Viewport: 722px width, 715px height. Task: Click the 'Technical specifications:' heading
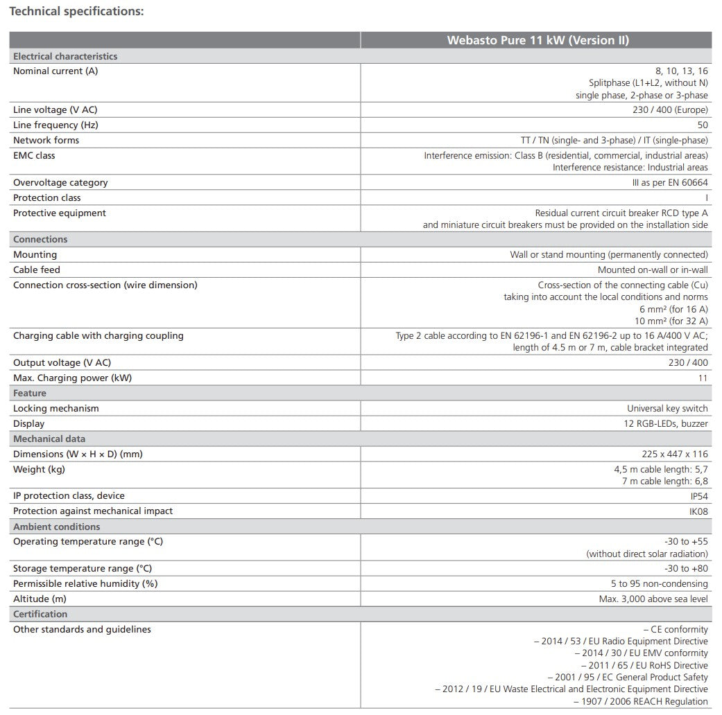pos(76,12)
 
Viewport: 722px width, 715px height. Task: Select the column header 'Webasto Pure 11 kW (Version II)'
pos(538,40)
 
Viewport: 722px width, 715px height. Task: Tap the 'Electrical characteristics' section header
pos(65,56)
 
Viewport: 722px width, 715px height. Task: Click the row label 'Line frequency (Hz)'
pos(55,125)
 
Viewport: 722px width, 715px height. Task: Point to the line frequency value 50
pos(703,125)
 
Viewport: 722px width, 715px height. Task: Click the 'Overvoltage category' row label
pos(60,182)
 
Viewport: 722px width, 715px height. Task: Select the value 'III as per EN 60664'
pos(666,182)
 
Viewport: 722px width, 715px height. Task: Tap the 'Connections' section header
pos(40,239)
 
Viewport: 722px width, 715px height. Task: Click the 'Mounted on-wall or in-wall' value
pos(653,270)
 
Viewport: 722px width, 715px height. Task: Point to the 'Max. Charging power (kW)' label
pos(72,378)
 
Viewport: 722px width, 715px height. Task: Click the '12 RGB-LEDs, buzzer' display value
pos(666,423)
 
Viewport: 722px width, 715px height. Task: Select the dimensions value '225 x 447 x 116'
pos(675,454)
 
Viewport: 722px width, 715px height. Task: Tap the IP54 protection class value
pos(699,495)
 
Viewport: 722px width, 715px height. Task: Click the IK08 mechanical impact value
pos(698,511)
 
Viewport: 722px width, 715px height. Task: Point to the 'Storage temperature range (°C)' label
pos(83,568)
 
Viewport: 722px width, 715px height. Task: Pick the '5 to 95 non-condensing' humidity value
pos(660,583)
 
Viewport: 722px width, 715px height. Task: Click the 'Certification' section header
pos(40,614)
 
